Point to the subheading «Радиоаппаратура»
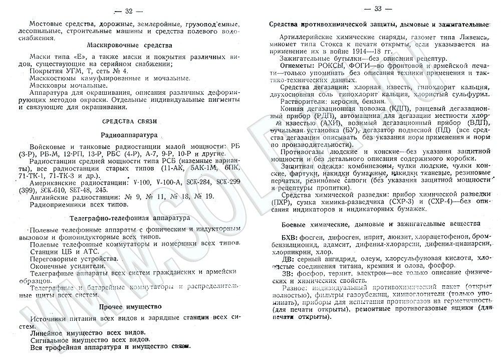coord(129,135)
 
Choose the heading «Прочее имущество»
coord(130,306)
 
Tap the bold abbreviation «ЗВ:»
coord(288,274)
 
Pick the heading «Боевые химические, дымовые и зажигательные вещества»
coord(375,222)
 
